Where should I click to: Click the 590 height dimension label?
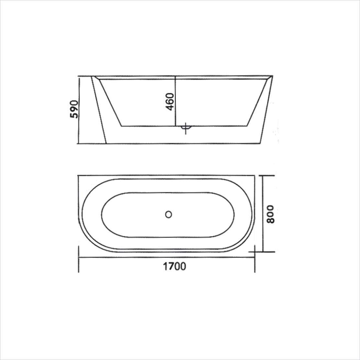pyautogui.click(x=74, y=109)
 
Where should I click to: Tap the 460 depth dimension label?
pyautogui.click(x=170, y=102)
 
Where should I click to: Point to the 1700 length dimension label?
pyautogui.click(x=174, y=266)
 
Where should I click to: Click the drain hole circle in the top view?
pyautogui.click(x=168, y=214)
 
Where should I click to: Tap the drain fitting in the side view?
pyautogui.click(x=186, y=128)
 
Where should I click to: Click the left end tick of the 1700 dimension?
pyautogui.click(x=79, y=259)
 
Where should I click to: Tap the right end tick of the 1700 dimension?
pyautogui.click(x=255, y=259)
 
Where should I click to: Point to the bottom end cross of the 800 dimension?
pyautogui.click(x=263, y=252)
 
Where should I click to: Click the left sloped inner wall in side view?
pyautogui.click(x=110, y=102)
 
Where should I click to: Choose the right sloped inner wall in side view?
pyautogui.click(x=258, y=102)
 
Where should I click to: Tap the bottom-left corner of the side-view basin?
pyautogui.click(x=121, y=126)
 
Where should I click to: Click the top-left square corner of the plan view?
pyautogui.click(x=79, y=176)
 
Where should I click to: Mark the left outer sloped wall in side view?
pyautogui.click(x=99, y=110)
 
